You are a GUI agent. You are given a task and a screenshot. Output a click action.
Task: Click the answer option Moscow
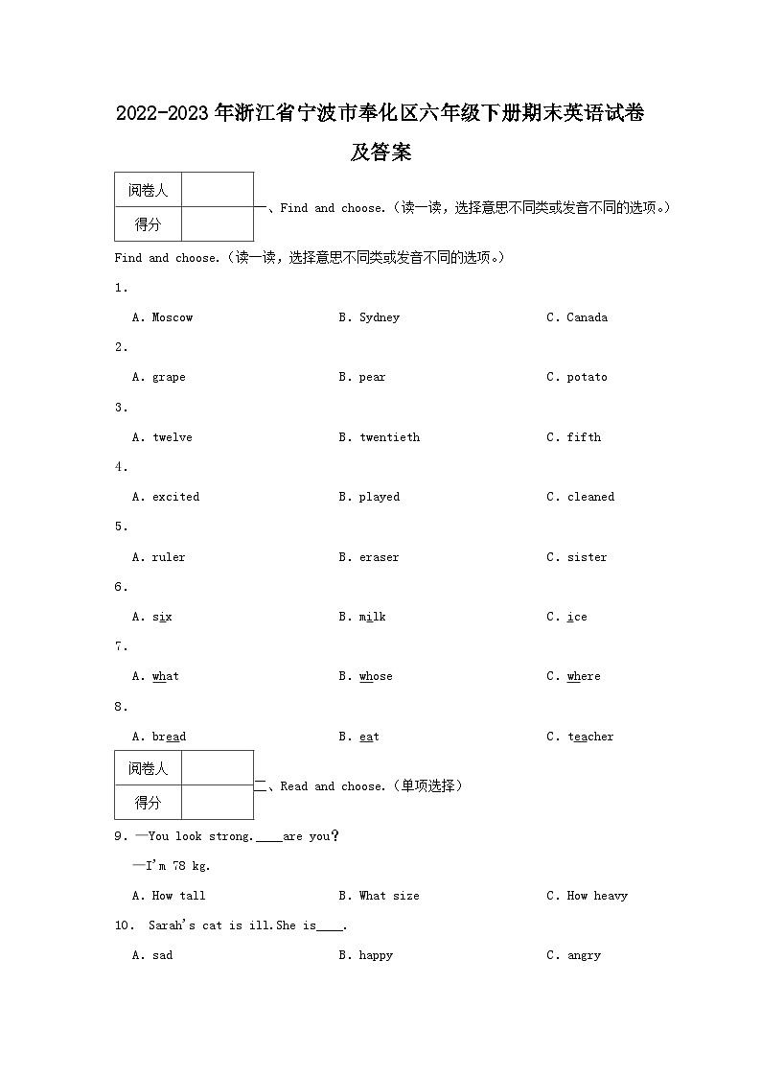tap(172, 317)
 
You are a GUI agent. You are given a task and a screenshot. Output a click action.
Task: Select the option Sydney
tap(379, 317)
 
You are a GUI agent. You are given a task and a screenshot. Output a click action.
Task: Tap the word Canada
tap(587, 317)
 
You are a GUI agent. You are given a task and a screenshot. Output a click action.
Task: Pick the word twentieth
tap(389, 437)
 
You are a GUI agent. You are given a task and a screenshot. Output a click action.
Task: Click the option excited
tap(175, 497)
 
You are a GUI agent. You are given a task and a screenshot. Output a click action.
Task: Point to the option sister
tap(587, 557)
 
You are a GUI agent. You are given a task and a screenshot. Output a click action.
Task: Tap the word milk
tap(372, 617)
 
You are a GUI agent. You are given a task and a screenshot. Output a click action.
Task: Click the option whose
tap(376, 676)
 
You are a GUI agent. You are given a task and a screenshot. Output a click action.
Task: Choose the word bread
tap(169, 737)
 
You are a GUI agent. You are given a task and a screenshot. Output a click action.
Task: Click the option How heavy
tap(597, 896)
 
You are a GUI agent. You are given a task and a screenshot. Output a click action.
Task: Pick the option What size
tap(389, 896)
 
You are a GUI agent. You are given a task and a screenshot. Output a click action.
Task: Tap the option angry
tap(584, 955)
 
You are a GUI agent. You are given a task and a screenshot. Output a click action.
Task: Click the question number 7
tap(120, 646)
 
